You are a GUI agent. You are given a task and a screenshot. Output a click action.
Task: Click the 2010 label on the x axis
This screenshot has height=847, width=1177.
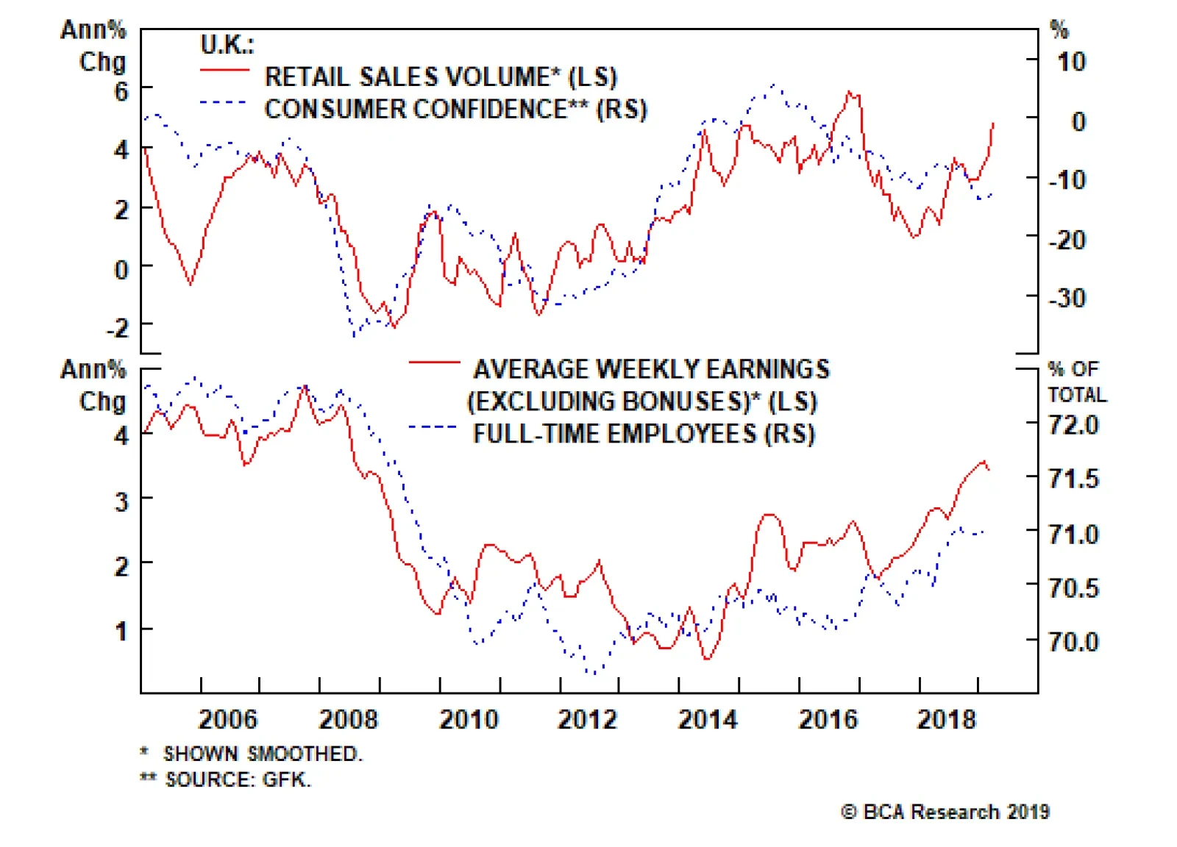(x=469, y=719)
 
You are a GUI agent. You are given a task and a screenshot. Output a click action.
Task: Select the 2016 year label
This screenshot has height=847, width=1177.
(x=828, y=719)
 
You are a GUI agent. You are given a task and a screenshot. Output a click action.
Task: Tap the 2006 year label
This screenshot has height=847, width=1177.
(x=228, y=719)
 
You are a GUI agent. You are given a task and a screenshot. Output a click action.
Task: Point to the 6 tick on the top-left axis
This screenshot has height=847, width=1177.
(x=121, y=92)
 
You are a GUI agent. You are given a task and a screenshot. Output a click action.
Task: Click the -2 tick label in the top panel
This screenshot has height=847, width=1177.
(x=117, y=328)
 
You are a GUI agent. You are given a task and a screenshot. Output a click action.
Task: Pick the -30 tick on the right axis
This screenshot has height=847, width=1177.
(x=1067, y=299)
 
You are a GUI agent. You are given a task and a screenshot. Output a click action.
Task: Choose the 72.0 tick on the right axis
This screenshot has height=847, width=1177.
(x=1073, y=425)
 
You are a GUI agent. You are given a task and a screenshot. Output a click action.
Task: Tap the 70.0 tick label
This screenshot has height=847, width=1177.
(x=1073, y=642)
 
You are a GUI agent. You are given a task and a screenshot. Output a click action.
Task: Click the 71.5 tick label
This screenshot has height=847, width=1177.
(x=1073, y=479)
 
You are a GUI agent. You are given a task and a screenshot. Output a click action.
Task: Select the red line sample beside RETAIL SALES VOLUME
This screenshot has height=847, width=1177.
(x=224, y=71)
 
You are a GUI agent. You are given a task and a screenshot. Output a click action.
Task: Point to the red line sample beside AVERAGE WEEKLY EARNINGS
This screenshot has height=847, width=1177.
(x=434, y=362)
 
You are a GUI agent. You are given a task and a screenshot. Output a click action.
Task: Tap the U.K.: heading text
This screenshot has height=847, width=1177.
(x=227, y=45)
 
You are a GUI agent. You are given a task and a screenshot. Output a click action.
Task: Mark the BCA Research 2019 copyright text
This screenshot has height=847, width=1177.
(x=945, y=812)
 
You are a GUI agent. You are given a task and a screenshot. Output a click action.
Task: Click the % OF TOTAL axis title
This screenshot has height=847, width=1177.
(x=1076, y=382)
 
